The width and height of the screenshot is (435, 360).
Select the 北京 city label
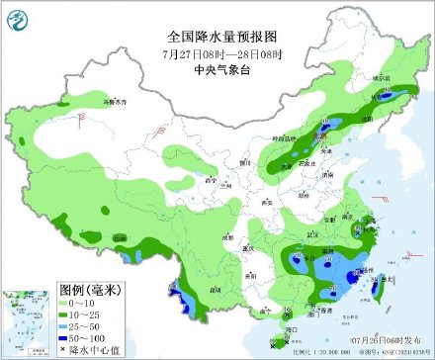323,139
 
